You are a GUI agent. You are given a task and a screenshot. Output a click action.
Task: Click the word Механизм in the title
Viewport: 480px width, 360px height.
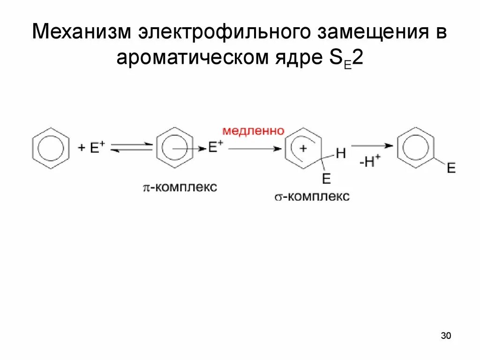(80, 34)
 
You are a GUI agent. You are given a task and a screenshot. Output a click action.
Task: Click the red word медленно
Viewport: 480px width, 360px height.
(253, 131)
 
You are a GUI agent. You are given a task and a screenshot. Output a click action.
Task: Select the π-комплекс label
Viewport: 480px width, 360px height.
(180, 187)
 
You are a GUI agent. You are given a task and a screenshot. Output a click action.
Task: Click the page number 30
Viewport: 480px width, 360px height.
(446, 336)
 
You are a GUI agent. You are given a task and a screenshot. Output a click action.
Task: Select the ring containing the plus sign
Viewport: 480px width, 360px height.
(303, 149)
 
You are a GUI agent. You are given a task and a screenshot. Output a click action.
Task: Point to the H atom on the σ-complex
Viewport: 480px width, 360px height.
(340, 153)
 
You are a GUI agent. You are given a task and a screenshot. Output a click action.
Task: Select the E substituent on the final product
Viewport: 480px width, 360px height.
(451, 168)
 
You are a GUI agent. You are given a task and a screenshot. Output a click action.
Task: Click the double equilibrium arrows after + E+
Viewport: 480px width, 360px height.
(132, 148)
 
